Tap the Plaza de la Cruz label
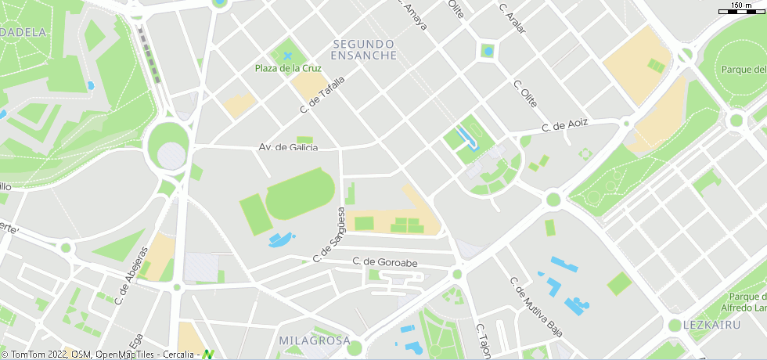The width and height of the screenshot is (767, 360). [x=289, y=68]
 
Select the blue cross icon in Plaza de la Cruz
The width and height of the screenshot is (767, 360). [x=288, y=56]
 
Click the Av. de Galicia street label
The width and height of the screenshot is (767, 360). [x=288, y=147]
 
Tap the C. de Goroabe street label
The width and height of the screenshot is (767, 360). [x=384, y=262]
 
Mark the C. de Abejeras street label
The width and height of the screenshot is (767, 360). [x=131, y=275]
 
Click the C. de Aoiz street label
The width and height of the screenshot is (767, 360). [x=564, y=126]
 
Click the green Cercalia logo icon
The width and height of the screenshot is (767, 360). [x=207, y=355]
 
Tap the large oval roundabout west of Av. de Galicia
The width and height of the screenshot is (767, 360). [x=168, y=146]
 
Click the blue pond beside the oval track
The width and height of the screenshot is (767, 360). [x=281, y=239]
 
